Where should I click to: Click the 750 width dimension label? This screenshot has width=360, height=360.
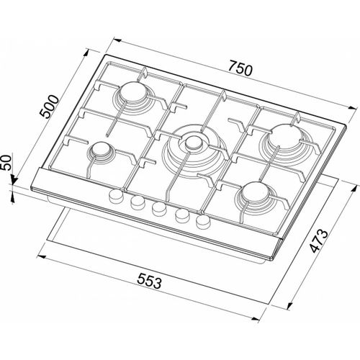[x=239, y=70]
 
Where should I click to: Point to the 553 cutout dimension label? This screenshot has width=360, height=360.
[x=144, y=282]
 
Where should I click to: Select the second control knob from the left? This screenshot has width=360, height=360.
[x=135, y=202]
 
